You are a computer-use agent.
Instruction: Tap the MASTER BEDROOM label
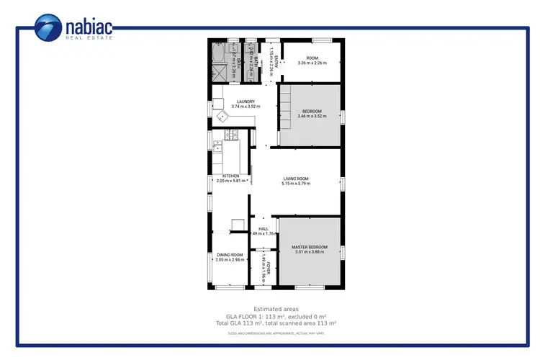[x=309, y=247]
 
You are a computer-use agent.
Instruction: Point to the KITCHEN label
[x=230, y=176]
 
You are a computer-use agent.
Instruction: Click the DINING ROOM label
[x=230, y=254]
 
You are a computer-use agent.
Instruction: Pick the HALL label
[x=264, y=229]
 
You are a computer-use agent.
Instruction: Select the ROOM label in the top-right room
[x=312, y=58]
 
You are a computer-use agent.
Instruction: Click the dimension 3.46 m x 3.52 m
[x=312, y=116]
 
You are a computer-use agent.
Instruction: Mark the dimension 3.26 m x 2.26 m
[x=312, y=63]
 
